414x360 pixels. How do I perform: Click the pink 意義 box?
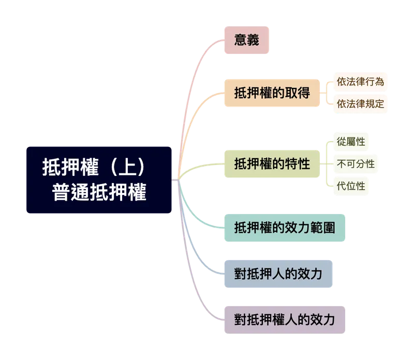click(246, 40)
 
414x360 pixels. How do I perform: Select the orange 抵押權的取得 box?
click(271, 93)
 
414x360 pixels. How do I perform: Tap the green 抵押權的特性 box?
click(271, 164)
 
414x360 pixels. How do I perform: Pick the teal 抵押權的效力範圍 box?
click(285, 227)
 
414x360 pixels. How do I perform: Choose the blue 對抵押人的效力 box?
click(277, 273)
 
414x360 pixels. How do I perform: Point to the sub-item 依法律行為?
click(360, 82)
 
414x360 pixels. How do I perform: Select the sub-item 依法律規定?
click(360, 103)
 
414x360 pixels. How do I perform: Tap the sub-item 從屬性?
click(351, 141)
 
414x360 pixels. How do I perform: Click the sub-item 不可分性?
click(356, 164)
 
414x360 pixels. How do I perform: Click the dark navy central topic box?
click(99, 179)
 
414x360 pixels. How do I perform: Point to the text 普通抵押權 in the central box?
click(99, 192)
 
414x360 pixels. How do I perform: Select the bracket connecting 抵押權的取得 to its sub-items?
click(327, 93)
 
